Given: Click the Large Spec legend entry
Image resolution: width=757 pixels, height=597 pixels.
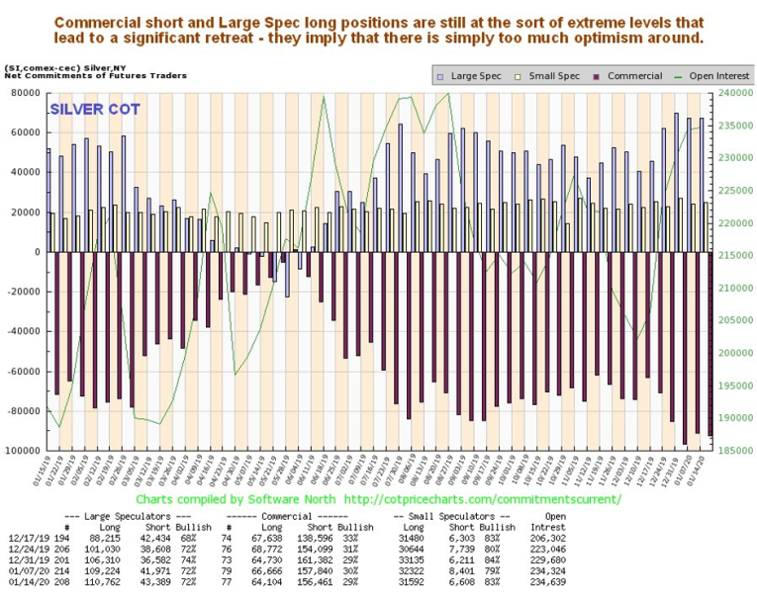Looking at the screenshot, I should coord(472,75).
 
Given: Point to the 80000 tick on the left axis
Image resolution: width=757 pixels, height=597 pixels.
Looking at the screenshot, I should coord(24,93).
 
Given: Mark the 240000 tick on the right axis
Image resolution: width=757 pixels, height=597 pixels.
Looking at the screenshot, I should coord(730,93).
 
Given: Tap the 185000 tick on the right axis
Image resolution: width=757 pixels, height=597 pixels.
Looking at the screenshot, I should coord(730,451).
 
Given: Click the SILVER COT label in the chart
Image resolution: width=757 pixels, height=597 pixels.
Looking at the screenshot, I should coord(94,109).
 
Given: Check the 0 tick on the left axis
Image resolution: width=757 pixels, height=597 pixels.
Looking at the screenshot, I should coord(38,252).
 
